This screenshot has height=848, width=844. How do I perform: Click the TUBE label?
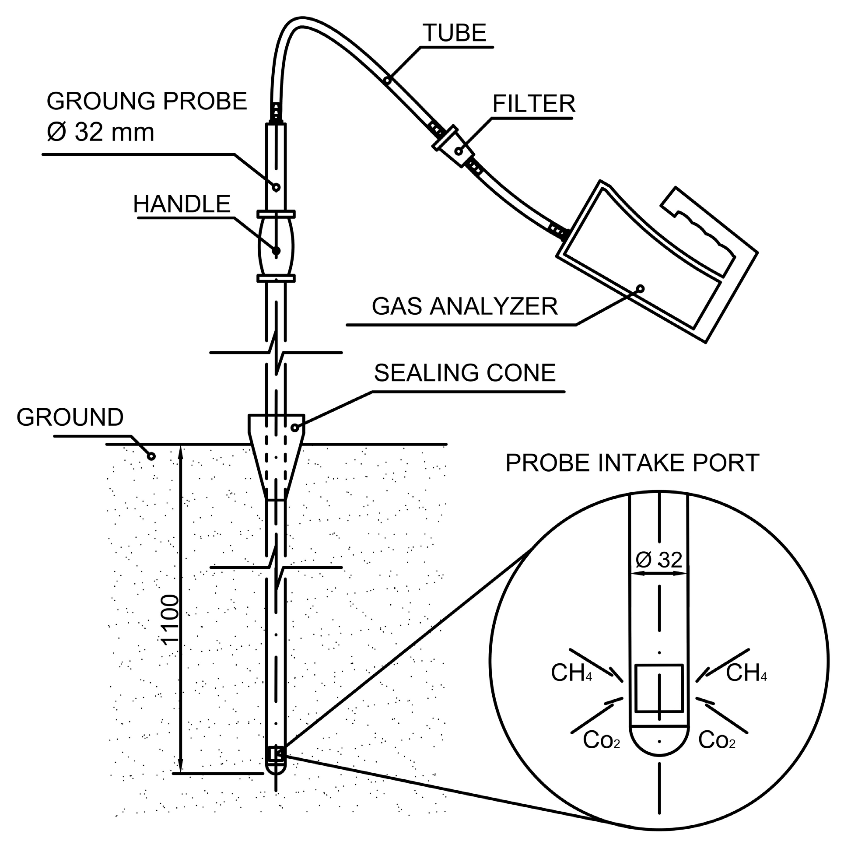tap(454, 33)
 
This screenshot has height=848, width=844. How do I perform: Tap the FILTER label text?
tap(533, 104)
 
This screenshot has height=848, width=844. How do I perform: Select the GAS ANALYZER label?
tap(464, 306)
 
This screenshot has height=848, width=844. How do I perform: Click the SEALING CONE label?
tap(465, 373)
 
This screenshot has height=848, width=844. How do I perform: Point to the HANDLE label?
tap(182, 204)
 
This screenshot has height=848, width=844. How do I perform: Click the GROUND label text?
tap(70, 417)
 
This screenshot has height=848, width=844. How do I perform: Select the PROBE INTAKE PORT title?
tap(632, 463)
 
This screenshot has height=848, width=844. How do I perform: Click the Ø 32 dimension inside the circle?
tap(659, 560)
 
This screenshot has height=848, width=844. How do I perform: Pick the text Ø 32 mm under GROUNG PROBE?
tap(101, 132)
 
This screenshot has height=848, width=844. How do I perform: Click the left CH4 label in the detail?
tap(571, 673)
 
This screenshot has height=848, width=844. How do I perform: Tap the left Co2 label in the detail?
tap(601, 740)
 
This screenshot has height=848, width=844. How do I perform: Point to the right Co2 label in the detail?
tap(716, 740)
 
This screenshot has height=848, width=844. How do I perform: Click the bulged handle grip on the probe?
tap(276, 247)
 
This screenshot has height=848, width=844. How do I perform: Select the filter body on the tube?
tap(453, 147)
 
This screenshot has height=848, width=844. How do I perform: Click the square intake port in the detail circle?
tap(659, 688)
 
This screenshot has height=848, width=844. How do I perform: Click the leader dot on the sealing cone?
tap(295, 428)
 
